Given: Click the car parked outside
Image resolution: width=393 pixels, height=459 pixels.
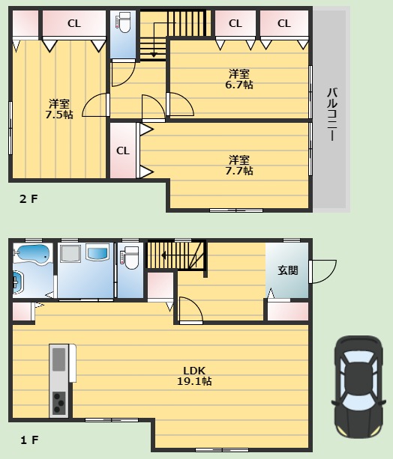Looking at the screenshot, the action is pyautogui.click(x=358, y=386).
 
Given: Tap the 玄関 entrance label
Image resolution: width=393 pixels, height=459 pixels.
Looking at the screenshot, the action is pyautogui.click(x=288, y=270).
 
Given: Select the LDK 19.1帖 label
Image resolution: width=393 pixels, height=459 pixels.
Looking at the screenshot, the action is pyautogui.click(x=194, y=376).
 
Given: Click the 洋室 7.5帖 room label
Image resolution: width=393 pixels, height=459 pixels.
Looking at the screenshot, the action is pyautogui.click(x=59, y=109).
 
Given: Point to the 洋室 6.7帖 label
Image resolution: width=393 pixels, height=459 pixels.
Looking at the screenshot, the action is pyautogui.click(x=239, y=79).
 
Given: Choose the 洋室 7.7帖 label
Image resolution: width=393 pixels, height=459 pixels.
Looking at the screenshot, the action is pyautogui.click(x=239, y=165).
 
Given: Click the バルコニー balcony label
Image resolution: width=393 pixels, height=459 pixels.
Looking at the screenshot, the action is pyautogui.click(x=332, y=114).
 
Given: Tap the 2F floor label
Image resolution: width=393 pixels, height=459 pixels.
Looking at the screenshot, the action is pyautogui.click(x=28, y=199).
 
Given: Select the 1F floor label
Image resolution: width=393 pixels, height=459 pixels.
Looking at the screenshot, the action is pyautogui.click(x=29, y=440).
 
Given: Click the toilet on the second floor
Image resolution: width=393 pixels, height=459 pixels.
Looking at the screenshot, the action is pyautogui.click(x=124, y=22).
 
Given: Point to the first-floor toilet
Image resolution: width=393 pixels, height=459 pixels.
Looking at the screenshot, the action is pyautogui.click(x=130, y=258).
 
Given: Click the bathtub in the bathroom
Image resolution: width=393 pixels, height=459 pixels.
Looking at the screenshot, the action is pyautogui.click(x=33, y=254).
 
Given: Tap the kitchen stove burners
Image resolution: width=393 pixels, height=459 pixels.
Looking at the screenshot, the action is pyautogui.click(x=59, y=403).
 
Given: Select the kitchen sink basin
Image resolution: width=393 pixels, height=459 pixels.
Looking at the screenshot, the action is pyautogui.click(x=59, y=359).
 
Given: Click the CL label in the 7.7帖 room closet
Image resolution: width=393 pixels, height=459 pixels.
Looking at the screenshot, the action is pyautogui.click(x=122, y=151).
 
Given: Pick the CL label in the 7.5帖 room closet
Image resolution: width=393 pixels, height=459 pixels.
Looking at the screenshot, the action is pyautogui.click(x=74, y=23).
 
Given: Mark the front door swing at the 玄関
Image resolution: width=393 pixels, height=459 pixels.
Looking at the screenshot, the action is pyautogui.click(x=323, y=272).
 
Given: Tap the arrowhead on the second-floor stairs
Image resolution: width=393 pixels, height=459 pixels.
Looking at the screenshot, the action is pyautogui.click(x=154, y=55).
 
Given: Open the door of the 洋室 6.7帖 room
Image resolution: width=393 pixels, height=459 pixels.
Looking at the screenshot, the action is pyautogui.click(x=181, y=105).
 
